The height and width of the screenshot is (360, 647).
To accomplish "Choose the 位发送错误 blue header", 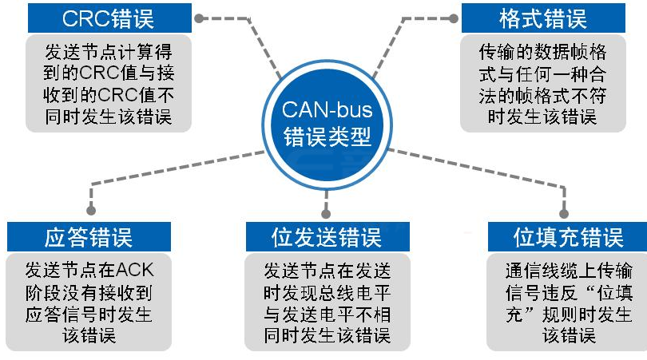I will click(x=327, y=237).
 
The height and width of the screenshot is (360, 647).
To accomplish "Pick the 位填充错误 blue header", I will click(x=568, y=237).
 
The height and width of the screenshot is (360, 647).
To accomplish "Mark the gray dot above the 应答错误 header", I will click(x=90, y=213).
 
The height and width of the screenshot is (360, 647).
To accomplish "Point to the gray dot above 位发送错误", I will click(x=325, y=212).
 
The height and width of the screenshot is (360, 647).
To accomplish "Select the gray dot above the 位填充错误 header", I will click(x=567, y=213).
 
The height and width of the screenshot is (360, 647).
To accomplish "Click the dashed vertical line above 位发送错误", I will click(x=325, y=196).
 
